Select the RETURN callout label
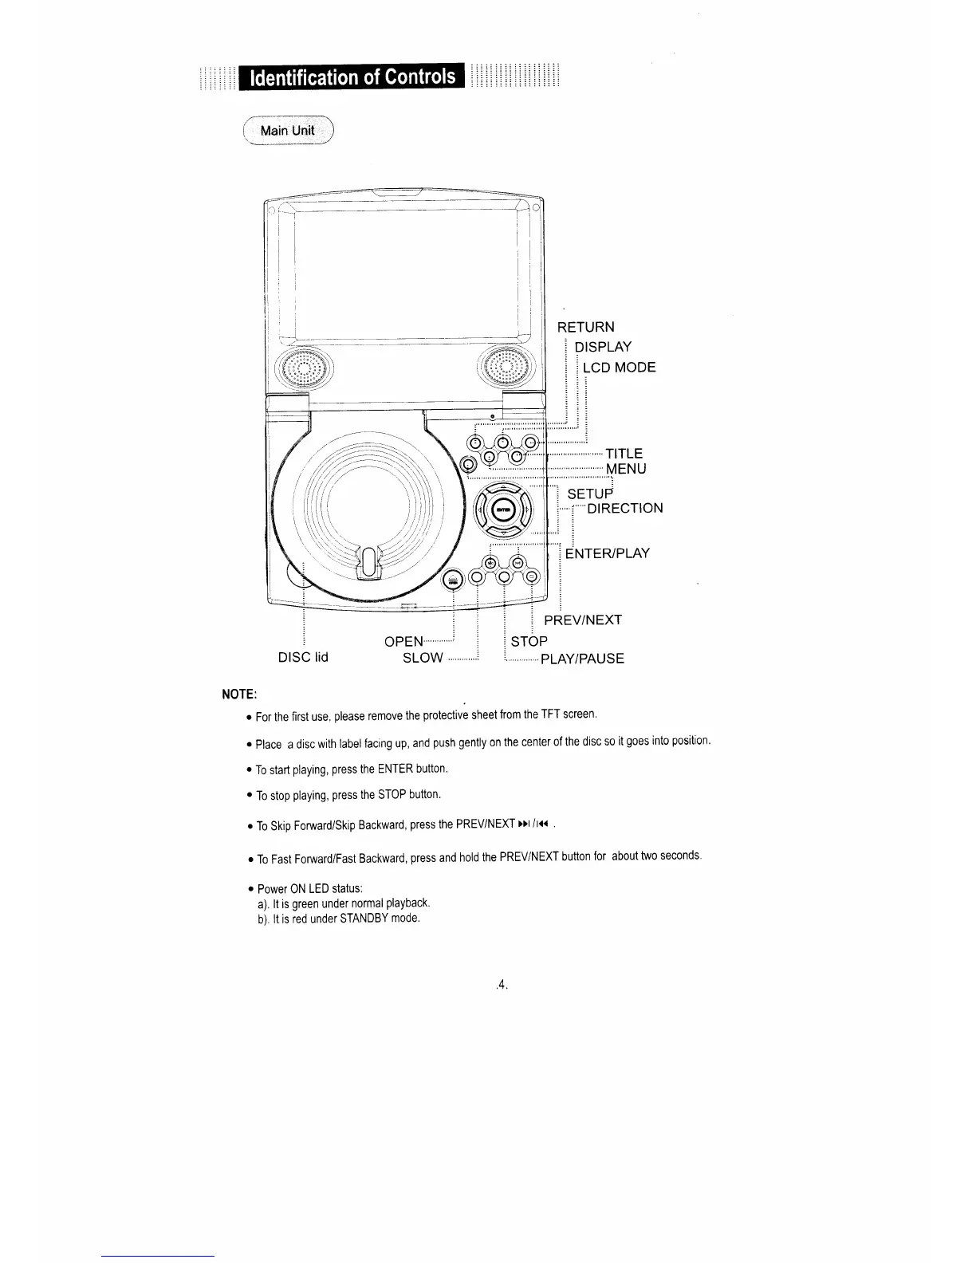pyautogui.click(x=585, y=327)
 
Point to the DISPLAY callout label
pyautogui.click(x=603, y=347)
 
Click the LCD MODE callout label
pyautogui.click(x=619, y=368)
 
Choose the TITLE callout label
pyautogui.click(x=624, y=454)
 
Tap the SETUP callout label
pyautogui.click(x=589, y=494)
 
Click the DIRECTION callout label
pyautogui.click(x=624, y=509)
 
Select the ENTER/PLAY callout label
pyautogui.click(x=608, y=553)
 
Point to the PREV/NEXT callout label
pyautogui.click(x=582, y=620)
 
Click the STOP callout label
pyautogui.click(x=529, y=641)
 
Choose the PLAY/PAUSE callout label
pyautogui.click(x=582, y=659)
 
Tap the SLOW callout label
pyautogui.click(x=423, y=659)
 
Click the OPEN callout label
pyautogui.click(x=403, y=641)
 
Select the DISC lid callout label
pyautogui.click(x=303, y=658)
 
